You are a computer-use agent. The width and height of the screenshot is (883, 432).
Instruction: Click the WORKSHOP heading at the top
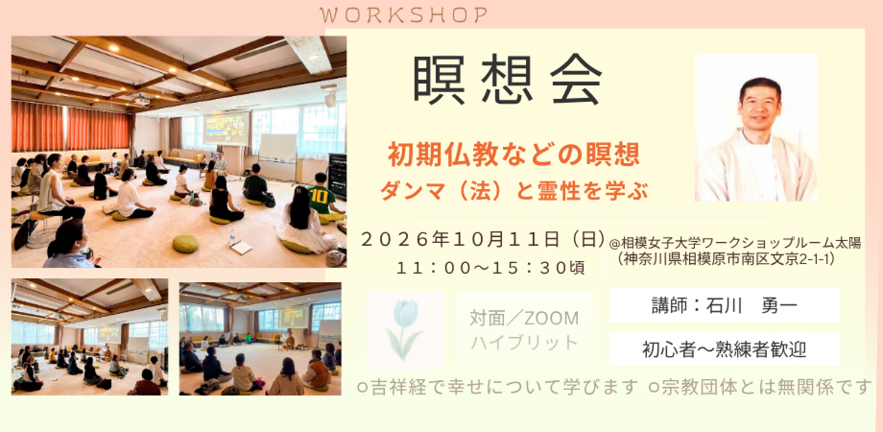point(404,15)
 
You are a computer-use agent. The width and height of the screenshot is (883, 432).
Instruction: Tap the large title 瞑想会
point(507,81)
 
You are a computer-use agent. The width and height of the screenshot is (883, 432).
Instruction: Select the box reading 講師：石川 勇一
point(724,305)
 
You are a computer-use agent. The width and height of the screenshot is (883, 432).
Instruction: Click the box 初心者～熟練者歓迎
point(724,349)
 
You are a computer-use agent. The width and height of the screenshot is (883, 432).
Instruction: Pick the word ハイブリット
point(524,343)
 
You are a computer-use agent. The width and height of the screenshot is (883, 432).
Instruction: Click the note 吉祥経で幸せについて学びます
point(499,386)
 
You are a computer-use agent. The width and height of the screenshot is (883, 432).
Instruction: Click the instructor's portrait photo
point(756,127)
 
